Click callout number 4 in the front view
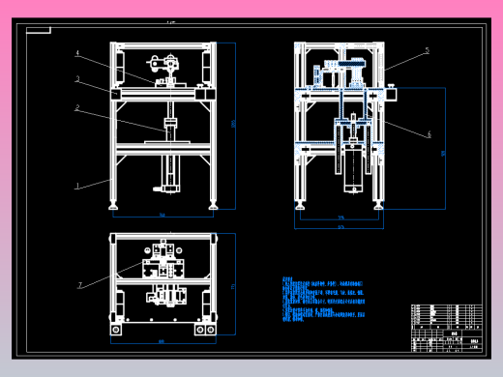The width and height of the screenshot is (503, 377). [x=77, y=54]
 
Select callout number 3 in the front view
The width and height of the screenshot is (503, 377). [x=77, y=79]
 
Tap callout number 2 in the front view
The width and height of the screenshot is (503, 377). [x=77, y=108]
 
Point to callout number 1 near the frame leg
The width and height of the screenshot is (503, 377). [x=78, y=185]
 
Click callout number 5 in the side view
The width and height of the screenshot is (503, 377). [x=427, y=50]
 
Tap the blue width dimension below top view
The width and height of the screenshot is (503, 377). [x=163, y=342]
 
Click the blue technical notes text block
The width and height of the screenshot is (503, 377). [x=325, y=301]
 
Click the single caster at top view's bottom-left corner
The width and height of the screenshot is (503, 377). [x=116, y=330]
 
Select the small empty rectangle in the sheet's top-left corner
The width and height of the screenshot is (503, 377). [x=39, y=30]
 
